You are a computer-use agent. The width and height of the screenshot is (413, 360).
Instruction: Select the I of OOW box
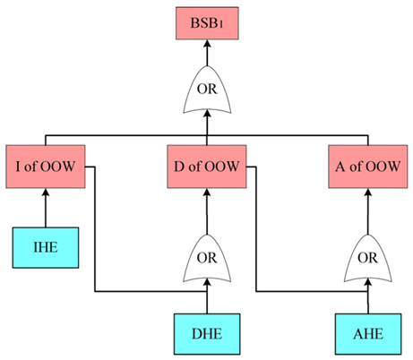point(45,166)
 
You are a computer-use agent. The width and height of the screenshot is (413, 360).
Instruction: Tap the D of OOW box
point(207,166)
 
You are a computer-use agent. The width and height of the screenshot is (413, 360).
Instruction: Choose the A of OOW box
point(366,166)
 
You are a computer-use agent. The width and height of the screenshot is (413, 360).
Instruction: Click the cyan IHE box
point(45,247)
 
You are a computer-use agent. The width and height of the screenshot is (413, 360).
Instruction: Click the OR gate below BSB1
point(207,90)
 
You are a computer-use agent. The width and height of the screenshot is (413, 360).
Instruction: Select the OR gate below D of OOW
point(207,259)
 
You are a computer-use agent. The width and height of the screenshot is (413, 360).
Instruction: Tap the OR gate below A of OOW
point(366,259)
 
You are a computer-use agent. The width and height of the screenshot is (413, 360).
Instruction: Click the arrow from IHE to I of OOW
point(45,210)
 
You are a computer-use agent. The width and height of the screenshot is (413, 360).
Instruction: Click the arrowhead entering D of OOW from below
point(207,193)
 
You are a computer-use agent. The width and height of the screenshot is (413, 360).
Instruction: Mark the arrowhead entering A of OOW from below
point(366,193)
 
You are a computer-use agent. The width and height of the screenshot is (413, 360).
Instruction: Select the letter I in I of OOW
point(20,167)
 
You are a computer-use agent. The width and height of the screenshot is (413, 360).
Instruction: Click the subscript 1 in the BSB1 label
point(225,25)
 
